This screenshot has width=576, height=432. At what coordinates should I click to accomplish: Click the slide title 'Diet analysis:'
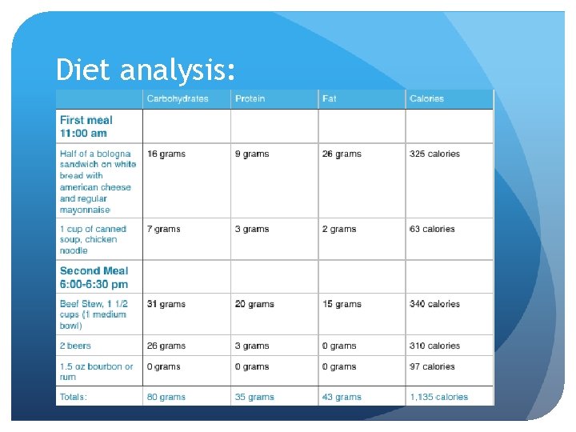[x=146, y=71]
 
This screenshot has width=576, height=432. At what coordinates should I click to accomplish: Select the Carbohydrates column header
[x=177, y=99]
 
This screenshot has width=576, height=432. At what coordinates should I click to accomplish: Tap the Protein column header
[x=249, y=99]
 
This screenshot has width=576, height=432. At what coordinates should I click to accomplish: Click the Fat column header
[x=330, y=99]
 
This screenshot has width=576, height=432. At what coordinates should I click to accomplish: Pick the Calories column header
[x=426, y=99]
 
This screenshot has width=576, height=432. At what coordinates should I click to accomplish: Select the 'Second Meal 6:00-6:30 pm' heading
[x=94, y=277]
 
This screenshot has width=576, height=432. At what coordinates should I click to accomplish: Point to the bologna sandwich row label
[x=98, y=182]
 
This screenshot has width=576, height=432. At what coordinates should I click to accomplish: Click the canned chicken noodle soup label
[x=93, y=239]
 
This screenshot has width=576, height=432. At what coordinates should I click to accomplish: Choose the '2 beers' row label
[x=75, y=346]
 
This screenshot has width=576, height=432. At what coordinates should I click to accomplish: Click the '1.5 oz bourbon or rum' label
[x=96, y=371]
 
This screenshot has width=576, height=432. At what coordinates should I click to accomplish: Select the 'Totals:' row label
[x=74, y=397]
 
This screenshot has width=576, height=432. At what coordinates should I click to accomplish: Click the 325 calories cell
[x=434, y=154]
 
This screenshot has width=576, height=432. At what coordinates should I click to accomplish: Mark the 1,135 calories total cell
[x=438, y=397]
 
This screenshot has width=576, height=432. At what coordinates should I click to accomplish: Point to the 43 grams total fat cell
[x=342, y=397]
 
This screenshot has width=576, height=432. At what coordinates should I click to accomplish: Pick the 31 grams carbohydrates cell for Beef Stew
[x=166, y=304]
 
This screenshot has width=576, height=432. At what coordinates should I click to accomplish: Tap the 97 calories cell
[x=432, y=366]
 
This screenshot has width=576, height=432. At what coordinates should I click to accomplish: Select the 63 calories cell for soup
[x=432, y=229]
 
